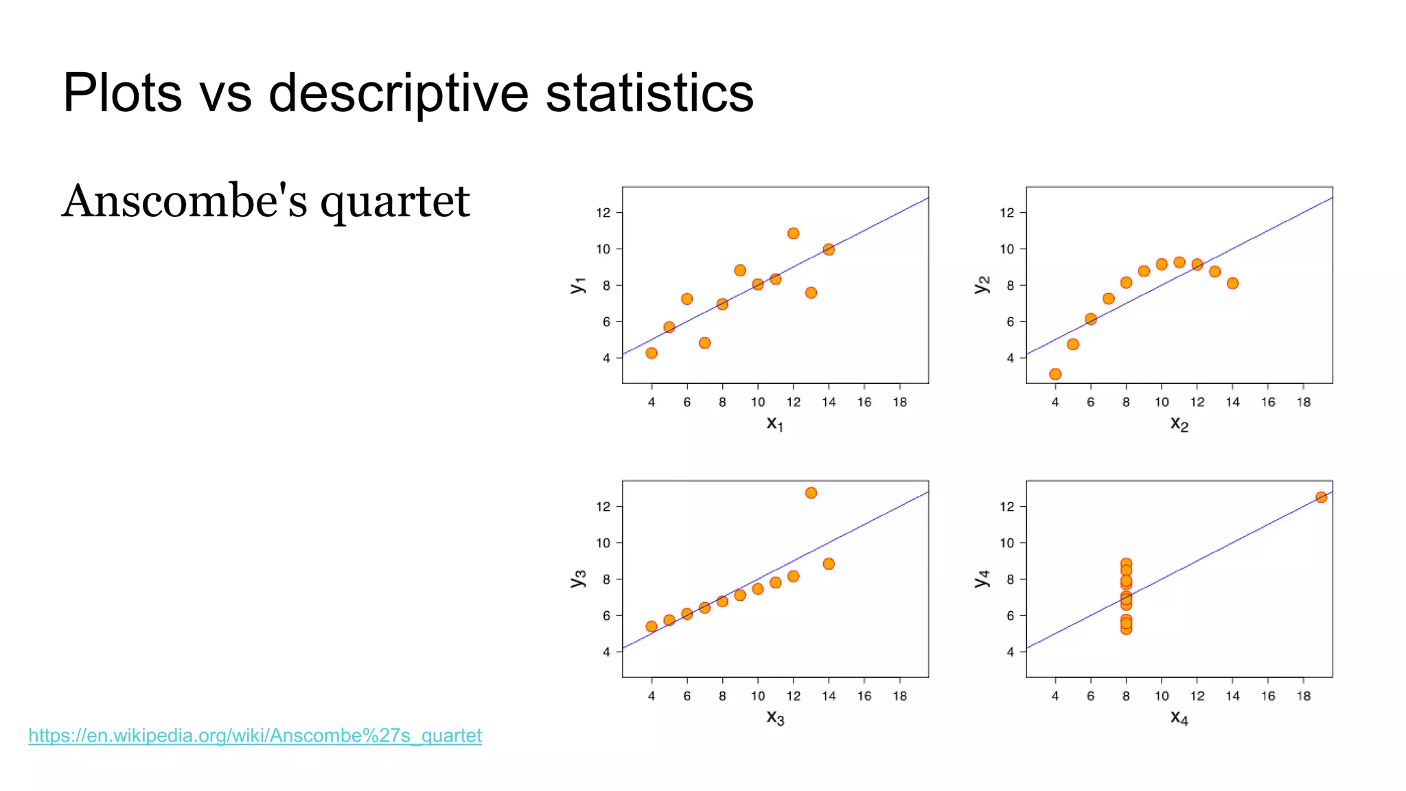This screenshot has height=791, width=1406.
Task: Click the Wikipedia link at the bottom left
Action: click(x=255, y=735)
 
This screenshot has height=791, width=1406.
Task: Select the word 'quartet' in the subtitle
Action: click(x=395, y=202)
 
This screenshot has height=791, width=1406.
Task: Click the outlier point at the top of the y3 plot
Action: click(x=811, y=493)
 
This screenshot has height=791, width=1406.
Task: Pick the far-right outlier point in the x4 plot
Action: click(x=1321, y=497)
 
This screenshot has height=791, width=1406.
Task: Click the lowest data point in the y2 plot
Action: click(x=1055, y=374)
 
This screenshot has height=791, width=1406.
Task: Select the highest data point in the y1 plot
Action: click(x=793, y=233)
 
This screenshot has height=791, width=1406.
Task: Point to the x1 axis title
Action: click(x=774, y=424)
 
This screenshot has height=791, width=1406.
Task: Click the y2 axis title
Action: click(x=982, y=284)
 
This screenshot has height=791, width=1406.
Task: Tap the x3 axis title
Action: click(x=774, y=718)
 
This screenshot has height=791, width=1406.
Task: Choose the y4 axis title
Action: click(x=982, y=578)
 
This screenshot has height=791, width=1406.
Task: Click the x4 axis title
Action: click(x=1179, y=718)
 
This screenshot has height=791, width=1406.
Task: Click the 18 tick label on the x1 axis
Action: click(x=899, y=402)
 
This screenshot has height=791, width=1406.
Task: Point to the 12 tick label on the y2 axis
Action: click(x=1006, y=213)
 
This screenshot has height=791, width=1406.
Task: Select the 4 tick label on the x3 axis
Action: click(x=652, y=696)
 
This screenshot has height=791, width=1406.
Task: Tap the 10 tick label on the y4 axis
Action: click(x=1006, y=543)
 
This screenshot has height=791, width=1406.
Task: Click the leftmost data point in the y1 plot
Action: click(x=652, y=353)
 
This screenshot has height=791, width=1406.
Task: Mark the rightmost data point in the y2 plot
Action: click(x=1232, y=284)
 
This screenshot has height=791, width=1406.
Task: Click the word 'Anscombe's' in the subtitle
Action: click(x=184, y=202)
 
